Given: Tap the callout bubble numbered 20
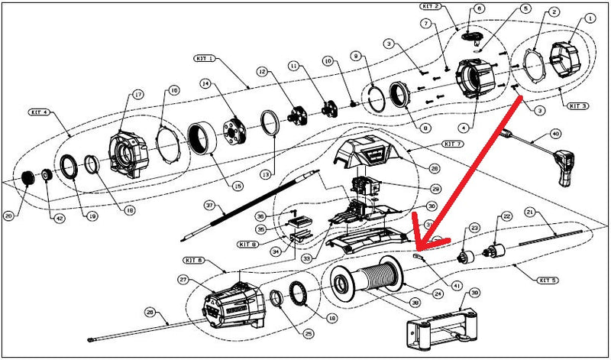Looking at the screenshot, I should tap(9, 216).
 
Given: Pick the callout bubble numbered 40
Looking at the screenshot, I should tap(555, 134).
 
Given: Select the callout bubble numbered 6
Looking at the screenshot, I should tap(480, 8).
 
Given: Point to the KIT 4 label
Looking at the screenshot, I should tap(40, 112).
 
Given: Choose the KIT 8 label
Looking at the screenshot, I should tap(247, 245).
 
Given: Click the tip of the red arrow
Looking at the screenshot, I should tap(415, 250).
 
